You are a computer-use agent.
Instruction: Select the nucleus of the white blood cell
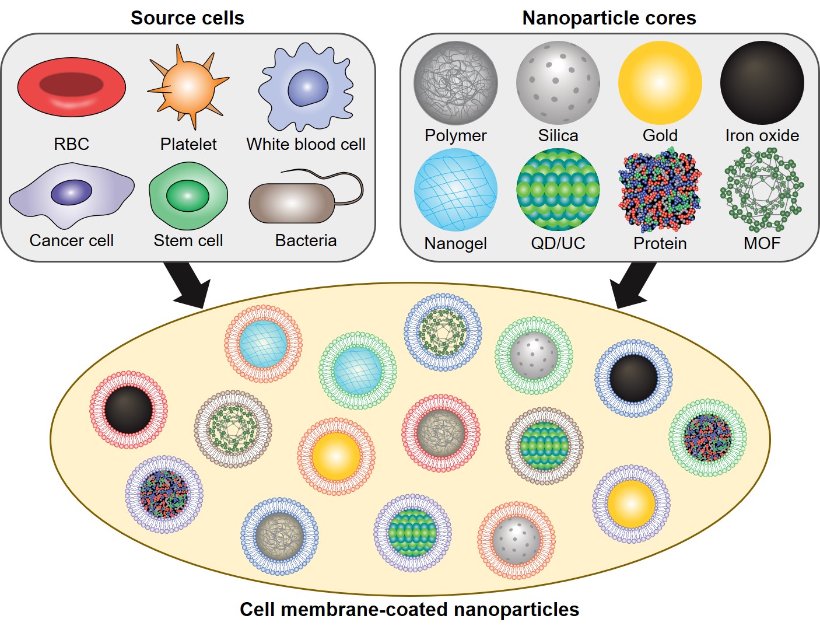click(307, 88)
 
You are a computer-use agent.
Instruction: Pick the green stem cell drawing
click(188, 196)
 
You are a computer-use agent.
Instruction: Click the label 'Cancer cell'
click(71, 240)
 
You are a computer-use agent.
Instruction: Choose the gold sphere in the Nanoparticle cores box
click(660, 83)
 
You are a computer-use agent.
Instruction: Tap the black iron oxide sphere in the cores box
click(762, 83)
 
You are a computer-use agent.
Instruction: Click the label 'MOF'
click(762, 243)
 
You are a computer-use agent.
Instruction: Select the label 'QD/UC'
click(558, 243)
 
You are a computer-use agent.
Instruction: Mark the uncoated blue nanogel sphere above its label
click(455, 190)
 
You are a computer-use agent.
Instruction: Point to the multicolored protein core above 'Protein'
click(660, 190)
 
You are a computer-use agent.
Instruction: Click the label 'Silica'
click(558, 135)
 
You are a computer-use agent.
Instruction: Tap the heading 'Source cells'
click(187, 18)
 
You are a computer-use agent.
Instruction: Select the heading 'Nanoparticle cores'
click(609, 18)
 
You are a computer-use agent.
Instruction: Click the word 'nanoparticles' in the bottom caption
click(516, 609)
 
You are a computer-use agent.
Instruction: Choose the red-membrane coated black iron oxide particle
click(128, 410)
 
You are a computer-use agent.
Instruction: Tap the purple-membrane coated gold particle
click(631, 504)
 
